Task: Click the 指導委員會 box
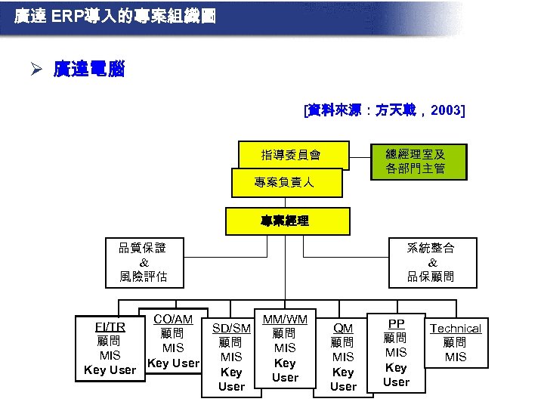[x=290, y=156]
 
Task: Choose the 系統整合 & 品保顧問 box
[x=431, y=262]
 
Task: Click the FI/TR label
[x=110, y=327]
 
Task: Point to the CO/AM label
[x=173, y=320]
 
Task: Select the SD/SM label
[x=231, y=328]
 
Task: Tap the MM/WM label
[x=285, y=320]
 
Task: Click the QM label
[x=343, y=328]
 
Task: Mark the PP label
[x=396, y=323]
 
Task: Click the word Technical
[x=456, y=328]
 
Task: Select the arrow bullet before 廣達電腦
[x=36, y=70]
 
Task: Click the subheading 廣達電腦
[x=89, y=70]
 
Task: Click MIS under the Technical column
[x=456, y=357]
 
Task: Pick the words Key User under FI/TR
[x=110, y=370]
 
